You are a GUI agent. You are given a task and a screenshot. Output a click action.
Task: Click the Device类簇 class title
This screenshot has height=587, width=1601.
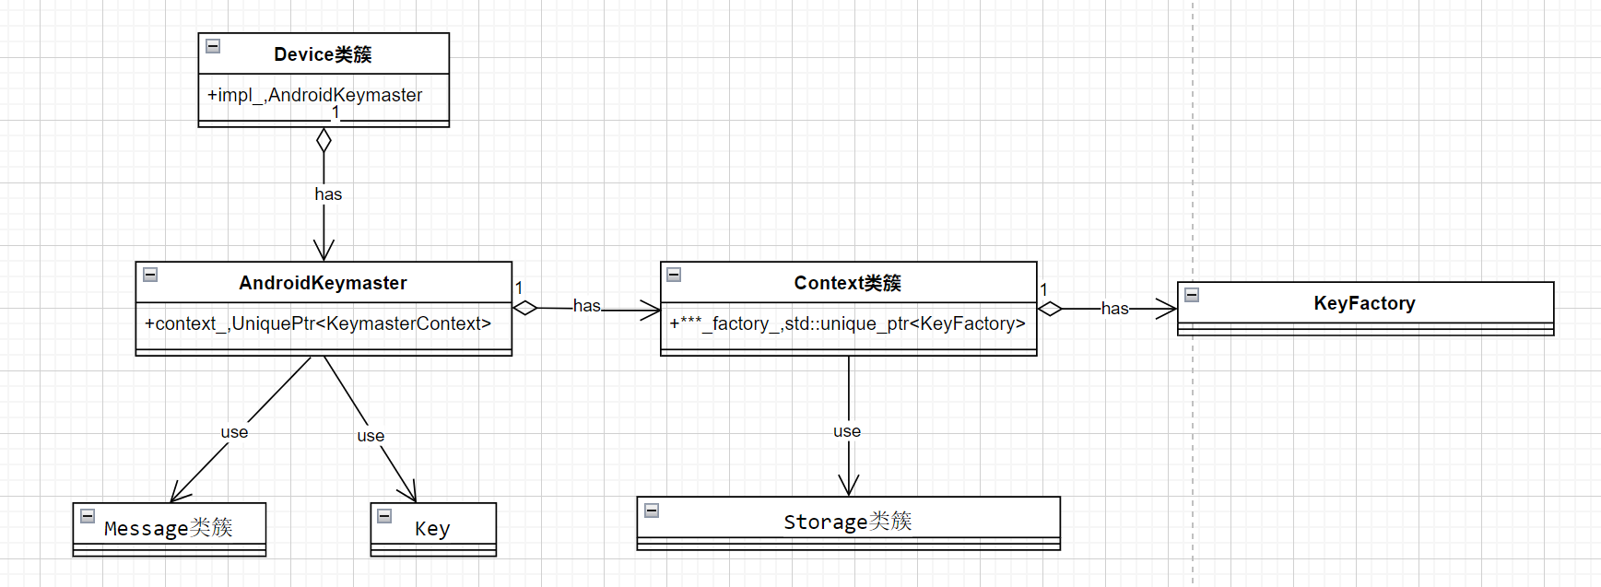[x=323, y=54]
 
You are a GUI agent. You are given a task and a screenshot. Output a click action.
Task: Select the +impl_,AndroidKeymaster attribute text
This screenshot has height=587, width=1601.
[x=314, y=95]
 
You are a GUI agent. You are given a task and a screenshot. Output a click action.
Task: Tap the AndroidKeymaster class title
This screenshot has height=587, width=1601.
[x=323, y=283]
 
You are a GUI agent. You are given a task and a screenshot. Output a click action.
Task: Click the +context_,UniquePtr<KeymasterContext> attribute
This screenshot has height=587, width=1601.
[x=318, y=323]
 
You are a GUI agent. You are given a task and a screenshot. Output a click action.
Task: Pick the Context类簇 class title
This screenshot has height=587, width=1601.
[x=847, y=283]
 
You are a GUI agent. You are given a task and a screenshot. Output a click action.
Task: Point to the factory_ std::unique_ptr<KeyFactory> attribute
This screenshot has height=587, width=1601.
[x=847, y=323]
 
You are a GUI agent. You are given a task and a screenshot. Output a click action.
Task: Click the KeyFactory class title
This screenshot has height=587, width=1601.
[x=1364, y=303]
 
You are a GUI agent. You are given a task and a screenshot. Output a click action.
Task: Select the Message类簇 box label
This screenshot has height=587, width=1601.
[x=169, y=528]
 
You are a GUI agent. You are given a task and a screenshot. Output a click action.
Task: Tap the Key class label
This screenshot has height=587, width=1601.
[x=432, y=529]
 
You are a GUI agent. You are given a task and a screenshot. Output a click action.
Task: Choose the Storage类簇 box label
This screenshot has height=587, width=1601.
[x=847, y=522]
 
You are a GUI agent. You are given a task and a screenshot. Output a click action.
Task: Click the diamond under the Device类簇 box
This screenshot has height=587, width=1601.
[x=324, y=141]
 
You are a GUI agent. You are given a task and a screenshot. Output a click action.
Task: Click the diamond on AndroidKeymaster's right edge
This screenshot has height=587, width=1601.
[x=525, y=308]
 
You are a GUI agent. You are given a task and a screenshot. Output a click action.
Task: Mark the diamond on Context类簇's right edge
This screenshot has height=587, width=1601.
[x=1050, y=309]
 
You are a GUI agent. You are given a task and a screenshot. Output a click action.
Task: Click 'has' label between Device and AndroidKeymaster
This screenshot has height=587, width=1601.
[x=328, y=194]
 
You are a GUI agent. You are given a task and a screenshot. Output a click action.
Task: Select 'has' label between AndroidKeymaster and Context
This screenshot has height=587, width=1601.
[x=586, y=306]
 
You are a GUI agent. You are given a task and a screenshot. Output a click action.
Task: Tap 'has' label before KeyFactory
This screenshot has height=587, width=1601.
[x=1114, y=309]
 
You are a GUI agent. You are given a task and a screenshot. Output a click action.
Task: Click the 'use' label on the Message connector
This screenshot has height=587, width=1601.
[x=234, y=432]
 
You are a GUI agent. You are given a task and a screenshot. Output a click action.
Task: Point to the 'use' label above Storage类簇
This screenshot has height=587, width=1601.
[x=847, y=431]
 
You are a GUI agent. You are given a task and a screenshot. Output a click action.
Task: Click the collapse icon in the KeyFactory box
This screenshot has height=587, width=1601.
[x=1192, y=295]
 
